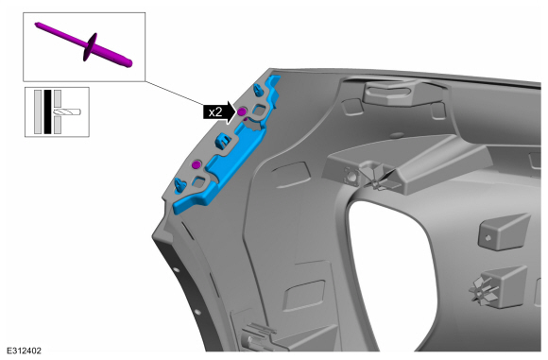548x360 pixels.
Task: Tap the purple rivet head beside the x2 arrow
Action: [241, 111]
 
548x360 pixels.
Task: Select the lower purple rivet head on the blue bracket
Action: [197, 164]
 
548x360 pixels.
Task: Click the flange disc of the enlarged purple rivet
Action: [90, 47]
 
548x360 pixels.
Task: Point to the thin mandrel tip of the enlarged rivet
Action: [36, 25]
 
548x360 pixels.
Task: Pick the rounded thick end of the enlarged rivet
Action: [128, 63]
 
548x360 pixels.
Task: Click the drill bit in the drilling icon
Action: [67, 111]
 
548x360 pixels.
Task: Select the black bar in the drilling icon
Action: [47, 111]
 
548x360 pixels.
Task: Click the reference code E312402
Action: [24, 351]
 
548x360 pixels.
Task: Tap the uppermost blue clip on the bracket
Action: [258, 90]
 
